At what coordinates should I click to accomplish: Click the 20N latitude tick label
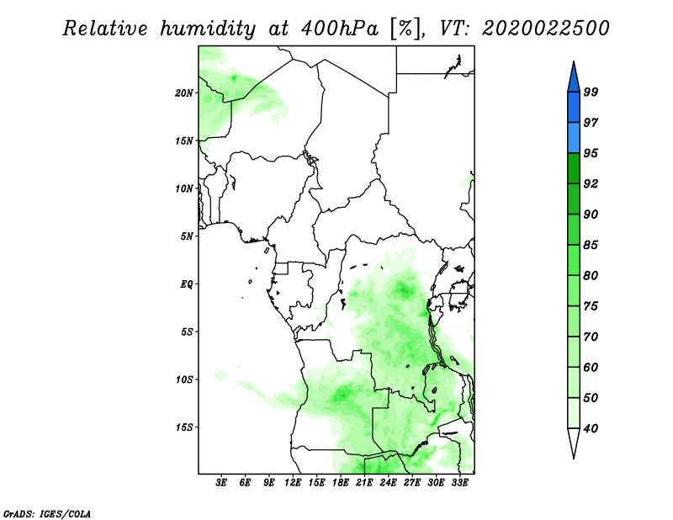184,93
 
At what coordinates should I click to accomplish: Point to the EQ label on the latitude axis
186,284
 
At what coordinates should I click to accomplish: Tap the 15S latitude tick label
184,427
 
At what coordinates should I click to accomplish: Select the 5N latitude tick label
187,236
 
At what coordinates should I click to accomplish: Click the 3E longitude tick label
221,482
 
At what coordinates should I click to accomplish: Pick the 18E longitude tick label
341,482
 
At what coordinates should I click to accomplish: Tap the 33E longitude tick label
459,482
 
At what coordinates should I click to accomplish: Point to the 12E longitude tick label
293,482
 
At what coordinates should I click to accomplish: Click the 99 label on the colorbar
591,92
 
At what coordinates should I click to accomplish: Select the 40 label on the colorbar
591,428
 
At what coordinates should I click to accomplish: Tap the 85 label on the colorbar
591,245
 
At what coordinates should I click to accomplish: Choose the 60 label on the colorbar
591,367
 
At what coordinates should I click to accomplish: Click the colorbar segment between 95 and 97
574,138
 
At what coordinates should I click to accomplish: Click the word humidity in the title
208,29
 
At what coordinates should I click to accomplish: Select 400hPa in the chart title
340,29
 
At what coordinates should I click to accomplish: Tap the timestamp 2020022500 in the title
545,29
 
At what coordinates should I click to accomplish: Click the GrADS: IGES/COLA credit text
47,513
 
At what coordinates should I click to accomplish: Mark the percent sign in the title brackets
405,29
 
